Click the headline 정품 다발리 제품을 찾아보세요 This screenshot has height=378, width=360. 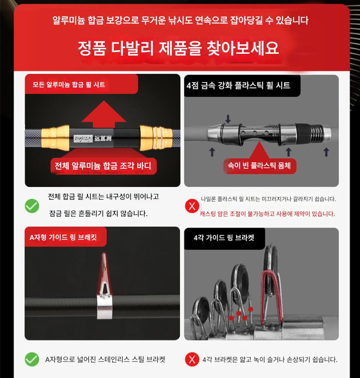click(179, 48)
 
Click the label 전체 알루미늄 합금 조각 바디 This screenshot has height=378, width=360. click(103, 166)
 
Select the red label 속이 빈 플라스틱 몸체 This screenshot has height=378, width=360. click(259, 166)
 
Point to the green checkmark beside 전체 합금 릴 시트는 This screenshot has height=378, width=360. click(32, 206)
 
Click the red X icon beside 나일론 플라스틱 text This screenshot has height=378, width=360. click(192, 206)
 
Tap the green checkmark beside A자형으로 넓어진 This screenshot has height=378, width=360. click(32, 359)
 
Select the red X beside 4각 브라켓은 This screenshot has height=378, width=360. click(192, 359)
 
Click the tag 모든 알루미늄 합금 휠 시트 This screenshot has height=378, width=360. click(69, 84)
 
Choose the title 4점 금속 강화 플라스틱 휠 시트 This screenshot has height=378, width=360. click(238, 85)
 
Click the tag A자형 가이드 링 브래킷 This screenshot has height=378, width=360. click(63, 237)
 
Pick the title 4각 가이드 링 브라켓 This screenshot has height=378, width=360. click(224, 238)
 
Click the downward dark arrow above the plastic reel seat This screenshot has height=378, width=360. click(228, 119)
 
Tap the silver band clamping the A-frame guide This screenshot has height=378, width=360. click(105, 307)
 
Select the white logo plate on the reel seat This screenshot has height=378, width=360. click(83, 138)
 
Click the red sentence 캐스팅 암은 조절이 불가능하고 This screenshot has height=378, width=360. click(267, 213)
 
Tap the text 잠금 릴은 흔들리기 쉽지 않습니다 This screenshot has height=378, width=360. click(98, 213)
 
